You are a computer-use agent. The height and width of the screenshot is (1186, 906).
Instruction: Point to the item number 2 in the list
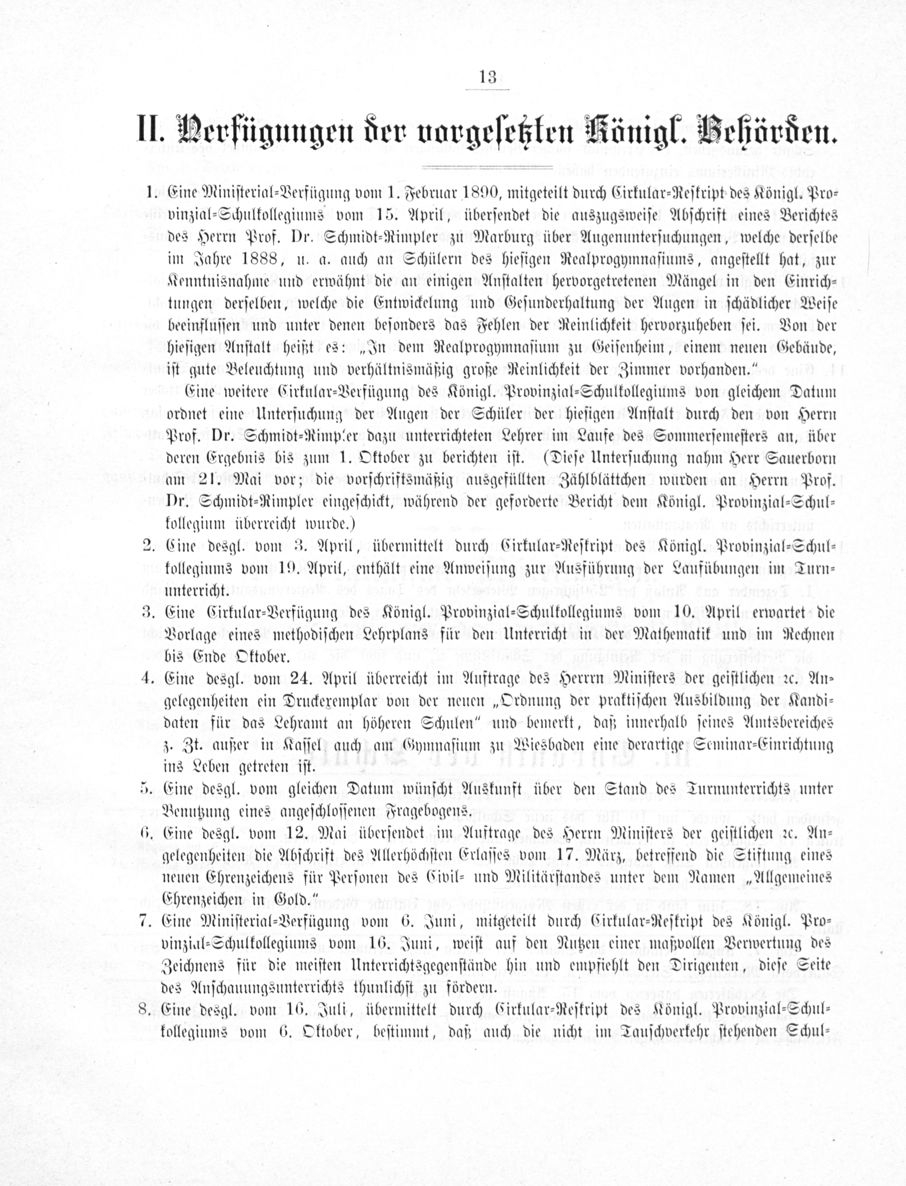click(x=147, y=546)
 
